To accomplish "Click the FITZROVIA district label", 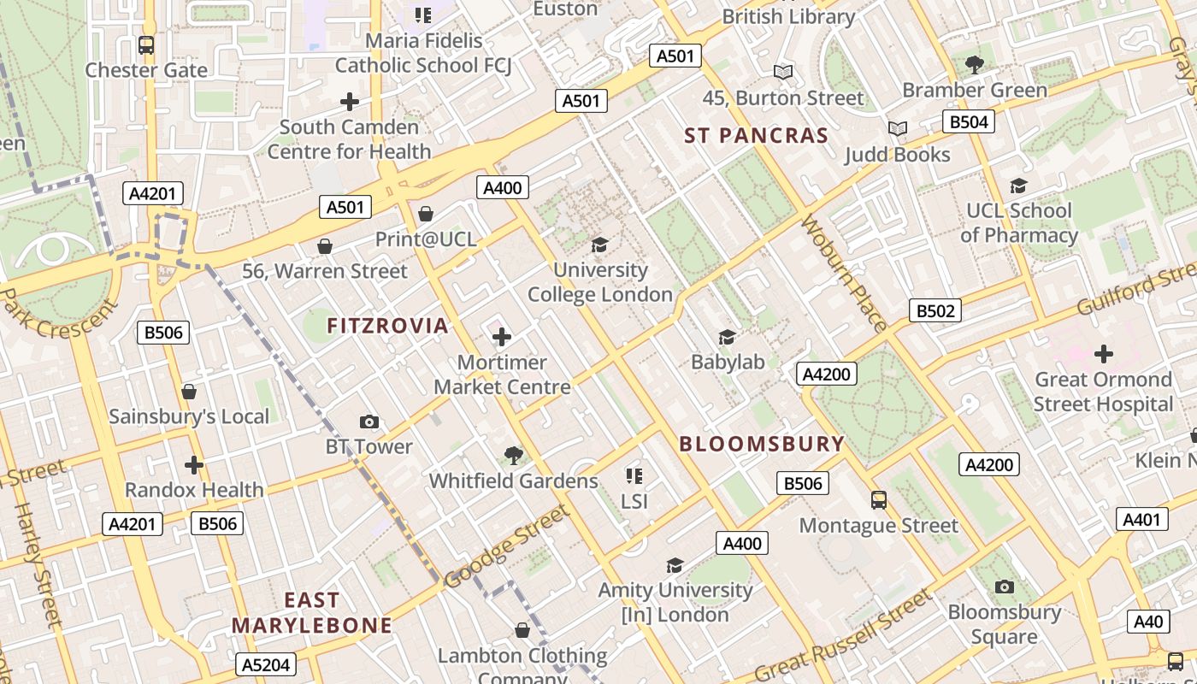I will pos(387,326).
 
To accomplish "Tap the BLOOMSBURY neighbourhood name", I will pos(762,444).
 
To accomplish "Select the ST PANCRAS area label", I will pos(757,135).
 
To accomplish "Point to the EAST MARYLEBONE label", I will pos(312,613).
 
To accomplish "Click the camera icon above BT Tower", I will pos(369,422).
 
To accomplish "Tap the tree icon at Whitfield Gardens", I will pos(513,456).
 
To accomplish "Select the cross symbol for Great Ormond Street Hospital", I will pos(1104,353).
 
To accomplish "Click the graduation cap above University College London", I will pos(599,245).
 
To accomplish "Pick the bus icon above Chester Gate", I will pos(146,45).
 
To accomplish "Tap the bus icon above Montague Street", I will pos(878,499).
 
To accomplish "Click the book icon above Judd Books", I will pos(897,129).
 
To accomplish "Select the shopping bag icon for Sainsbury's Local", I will pos(189,392).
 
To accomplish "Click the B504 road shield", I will pos(969,122).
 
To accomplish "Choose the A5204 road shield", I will pos(266,664).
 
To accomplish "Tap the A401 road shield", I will pos(1141,519).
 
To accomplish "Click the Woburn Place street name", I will pos(843,274).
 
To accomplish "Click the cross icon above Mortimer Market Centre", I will pos(502,337).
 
